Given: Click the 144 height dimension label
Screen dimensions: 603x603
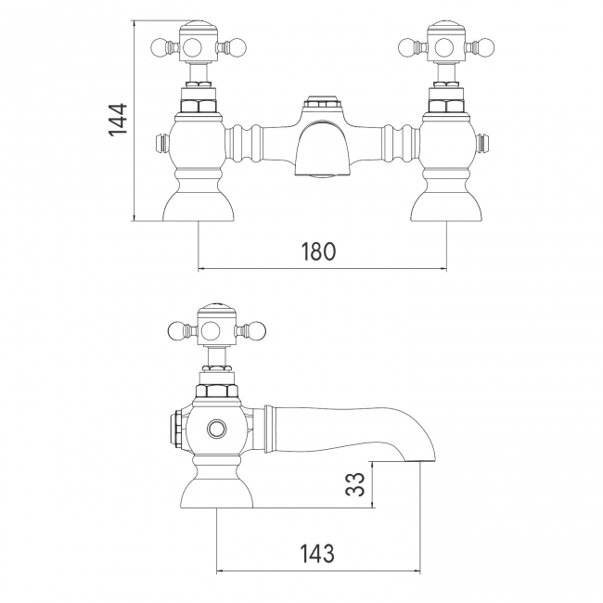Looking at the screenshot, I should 118,120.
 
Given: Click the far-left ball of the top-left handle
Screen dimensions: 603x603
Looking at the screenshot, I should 158,44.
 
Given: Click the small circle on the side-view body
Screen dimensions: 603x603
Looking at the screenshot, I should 217,429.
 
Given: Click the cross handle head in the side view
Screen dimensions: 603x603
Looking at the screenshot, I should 216,328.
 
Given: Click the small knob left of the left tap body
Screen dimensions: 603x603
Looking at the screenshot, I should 160,144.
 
